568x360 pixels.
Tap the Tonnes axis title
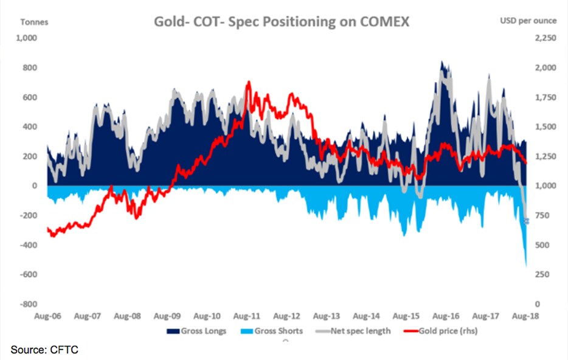[x=35, y=21]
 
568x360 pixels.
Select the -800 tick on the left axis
[x=29, y=303]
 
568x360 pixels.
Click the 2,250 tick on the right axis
[x=542, y=38]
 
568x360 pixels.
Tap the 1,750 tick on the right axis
[x=542, y=97]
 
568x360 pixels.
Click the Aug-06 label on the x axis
[x=47, y=316]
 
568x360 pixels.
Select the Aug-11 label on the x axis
[x=248, y=316]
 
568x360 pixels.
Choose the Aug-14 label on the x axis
[x=367, y=316]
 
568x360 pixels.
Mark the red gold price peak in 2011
[x=248, y=82]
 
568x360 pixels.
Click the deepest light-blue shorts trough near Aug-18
[x=525, y=265]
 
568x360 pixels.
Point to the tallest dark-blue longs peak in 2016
[x=442, y=61]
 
